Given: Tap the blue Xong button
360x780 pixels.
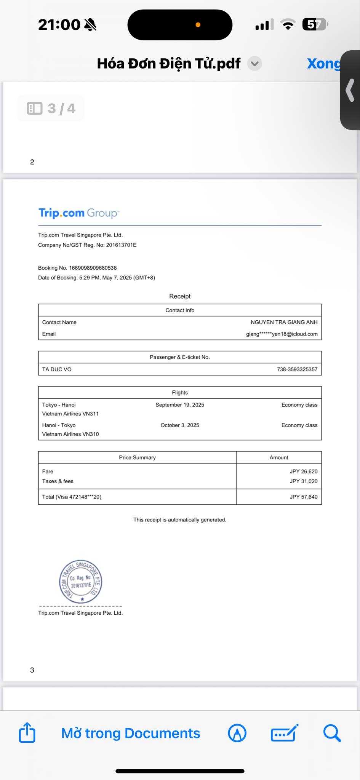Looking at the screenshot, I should [x=323, y=64].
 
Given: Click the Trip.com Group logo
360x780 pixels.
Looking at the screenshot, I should [x=78, y=213].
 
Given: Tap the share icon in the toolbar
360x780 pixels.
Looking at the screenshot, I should [x=27, y=733].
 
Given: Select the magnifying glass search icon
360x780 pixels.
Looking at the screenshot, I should [x=331, y=733].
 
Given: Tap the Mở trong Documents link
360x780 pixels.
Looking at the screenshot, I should [x=131, y=733].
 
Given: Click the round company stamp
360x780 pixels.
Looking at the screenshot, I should [x=81, y=582].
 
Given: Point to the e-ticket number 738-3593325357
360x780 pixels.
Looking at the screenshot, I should [x=297, y=369].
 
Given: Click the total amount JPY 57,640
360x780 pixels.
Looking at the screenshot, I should [x=303, y=497].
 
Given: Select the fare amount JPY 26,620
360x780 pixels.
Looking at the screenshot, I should [x=303, y=472].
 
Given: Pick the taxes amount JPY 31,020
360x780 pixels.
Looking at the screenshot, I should [x=303, y=481].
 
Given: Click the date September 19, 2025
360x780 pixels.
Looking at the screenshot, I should [x=180, y=405].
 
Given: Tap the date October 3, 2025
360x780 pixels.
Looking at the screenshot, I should [x=180, y=425].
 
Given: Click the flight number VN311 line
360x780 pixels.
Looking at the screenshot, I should [x=70, y=414].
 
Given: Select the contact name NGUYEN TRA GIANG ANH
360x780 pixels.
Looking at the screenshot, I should [x=284, y=322].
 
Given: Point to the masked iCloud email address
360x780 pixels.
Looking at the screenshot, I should [x=282, y=334].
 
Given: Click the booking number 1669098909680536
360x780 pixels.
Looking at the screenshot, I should [x=93, y=268].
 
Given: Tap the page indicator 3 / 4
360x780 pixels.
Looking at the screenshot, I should [x=51, y=109].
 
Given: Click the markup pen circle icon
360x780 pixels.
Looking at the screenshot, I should [x=237, y=733].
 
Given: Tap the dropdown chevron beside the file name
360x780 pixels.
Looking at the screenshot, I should [x=254, y=64].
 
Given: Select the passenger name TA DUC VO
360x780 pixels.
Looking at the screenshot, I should [x=57, y=369].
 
